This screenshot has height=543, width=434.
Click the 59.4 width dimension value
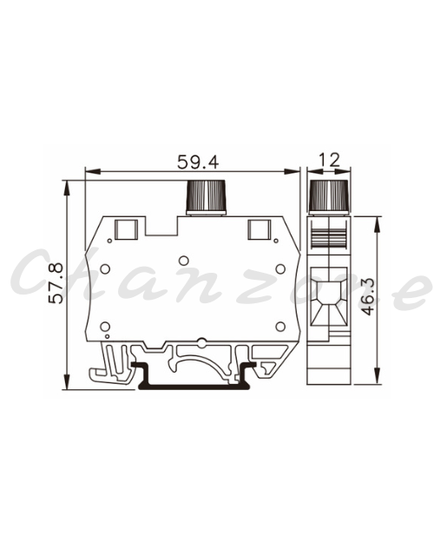198,162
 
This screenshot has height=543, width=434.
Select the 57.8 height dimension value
56,283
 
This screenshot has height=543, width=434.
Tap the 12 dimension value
329,160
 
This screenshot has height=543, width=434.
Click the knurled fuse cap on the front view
207,196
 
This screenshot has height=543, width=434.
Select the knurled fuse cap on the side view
328,196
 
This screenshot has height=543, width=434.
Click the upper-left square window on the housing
126,229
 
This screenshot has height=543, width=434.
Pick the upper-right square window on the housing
260,229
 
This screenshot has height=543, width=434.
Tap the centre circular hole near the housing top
183,261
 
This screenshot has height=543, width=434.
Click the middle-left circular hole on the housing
105,268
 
